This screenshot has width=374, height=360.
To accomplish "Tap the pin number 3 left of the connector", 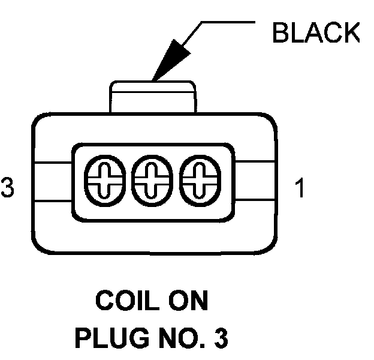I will tap(7, 188).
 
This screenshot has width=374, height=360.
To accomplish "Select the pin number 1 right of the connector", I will tap(299, 188).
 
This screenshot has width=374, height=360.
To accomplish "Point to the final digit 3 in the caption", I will tap(221, 338).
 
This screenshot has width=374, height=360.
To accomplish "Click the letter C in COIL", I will tap(104, 301).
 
